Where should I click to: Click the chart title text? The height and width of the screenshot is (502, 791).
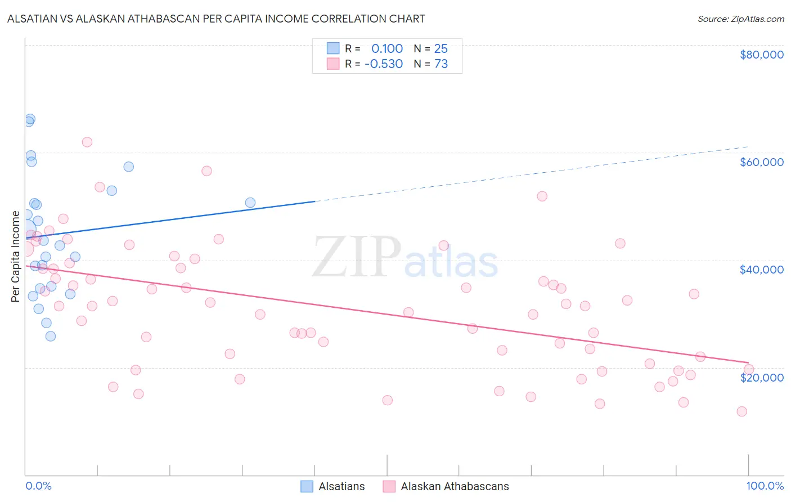(216, 19)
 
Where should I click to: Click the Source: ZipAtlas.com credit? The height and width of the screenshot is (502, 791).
(740, 19)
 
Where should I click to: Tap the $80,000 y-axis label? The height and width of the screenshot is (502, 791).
(761, 55)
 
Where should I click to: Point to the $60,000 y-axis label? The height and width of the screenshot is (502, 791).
(761, 162)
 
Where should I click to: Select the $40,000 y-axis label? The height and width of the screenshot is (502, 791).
(761, 270)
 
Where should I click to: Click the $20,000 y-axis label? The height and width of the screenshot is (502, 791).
(761, 377)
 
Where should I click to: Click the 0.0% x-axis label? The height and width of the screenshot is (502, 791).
(38, 486)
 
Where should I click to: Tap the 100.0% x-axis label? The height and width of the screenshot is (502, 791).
(765, 486)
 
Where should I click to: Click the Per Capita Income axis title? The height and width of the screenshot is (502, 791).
(16, 256)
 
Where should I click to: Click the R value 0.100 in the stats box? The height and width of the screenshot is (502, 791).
(387, 49)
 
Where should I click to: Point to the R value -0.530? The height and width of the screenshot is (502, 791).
(384, 64)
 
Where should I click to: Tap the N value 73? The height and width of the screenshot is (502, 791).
(441, 64)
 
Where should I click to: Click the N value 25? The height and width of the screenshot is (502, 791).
(441, 49)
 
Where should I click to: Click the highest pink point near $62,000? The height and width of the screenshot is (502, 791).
(87, 142)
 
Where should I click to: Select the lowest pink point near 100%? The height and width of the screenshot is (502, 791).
(741, 411)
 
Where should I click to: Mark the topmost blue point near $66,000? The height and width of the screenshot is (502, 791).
(30, 119)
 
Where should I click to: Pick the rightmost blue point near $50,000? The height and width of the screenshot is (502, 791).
(250, 203)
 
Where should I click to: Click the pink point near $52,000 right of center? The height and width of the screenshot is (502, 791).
(542, 196)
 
